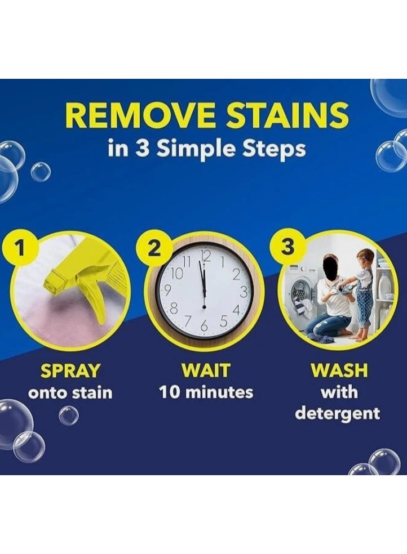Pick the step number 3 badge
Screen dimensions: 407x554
click(x=287, y=248)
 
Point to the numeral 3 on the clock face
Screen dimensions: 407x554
click(x=242, y=292)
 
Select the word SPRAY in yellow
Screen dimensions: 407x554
click(x=70, y=370)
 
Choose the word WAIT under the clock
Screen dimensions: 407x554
click(x=206, y=370)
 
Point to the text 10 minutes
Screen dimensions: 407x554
click(x=206, y=392)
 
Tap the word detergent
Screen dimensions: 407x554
click(x=338, y=414)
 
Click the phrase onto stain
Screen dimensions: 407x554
click(x=70, y=392)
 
